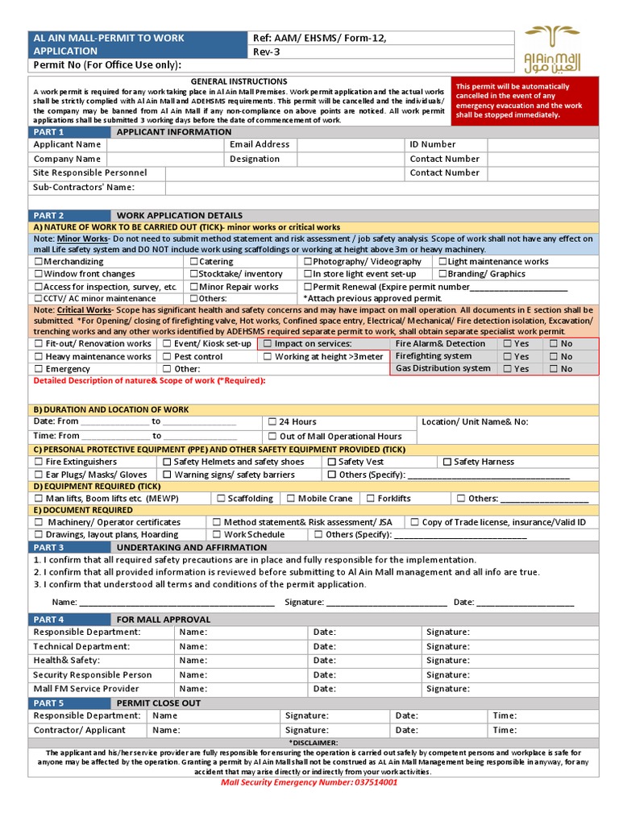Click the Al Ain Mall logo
point(552,49)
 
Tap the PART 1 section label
point(48,131)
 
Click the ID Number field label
point(432,144)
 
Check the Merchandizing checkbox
point(39,262)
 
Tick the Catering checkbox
point(194,262)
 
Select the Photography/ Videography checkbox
point(308,262)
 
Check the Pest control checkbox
point(167,356)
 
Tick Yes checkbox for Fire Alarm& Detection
point(507,344)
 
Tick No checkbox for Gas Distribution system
point(553,369)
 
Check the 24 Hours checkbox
point(272,422)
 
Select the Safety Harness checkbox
point(447,462)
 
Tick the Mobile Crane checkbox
point(291,499)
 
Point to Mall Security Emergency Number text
point(309,782)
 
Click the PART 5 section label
point(48,703)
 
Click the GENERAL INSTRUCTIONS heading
point(239,81)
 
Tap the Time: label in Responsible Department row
point(505,715)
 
